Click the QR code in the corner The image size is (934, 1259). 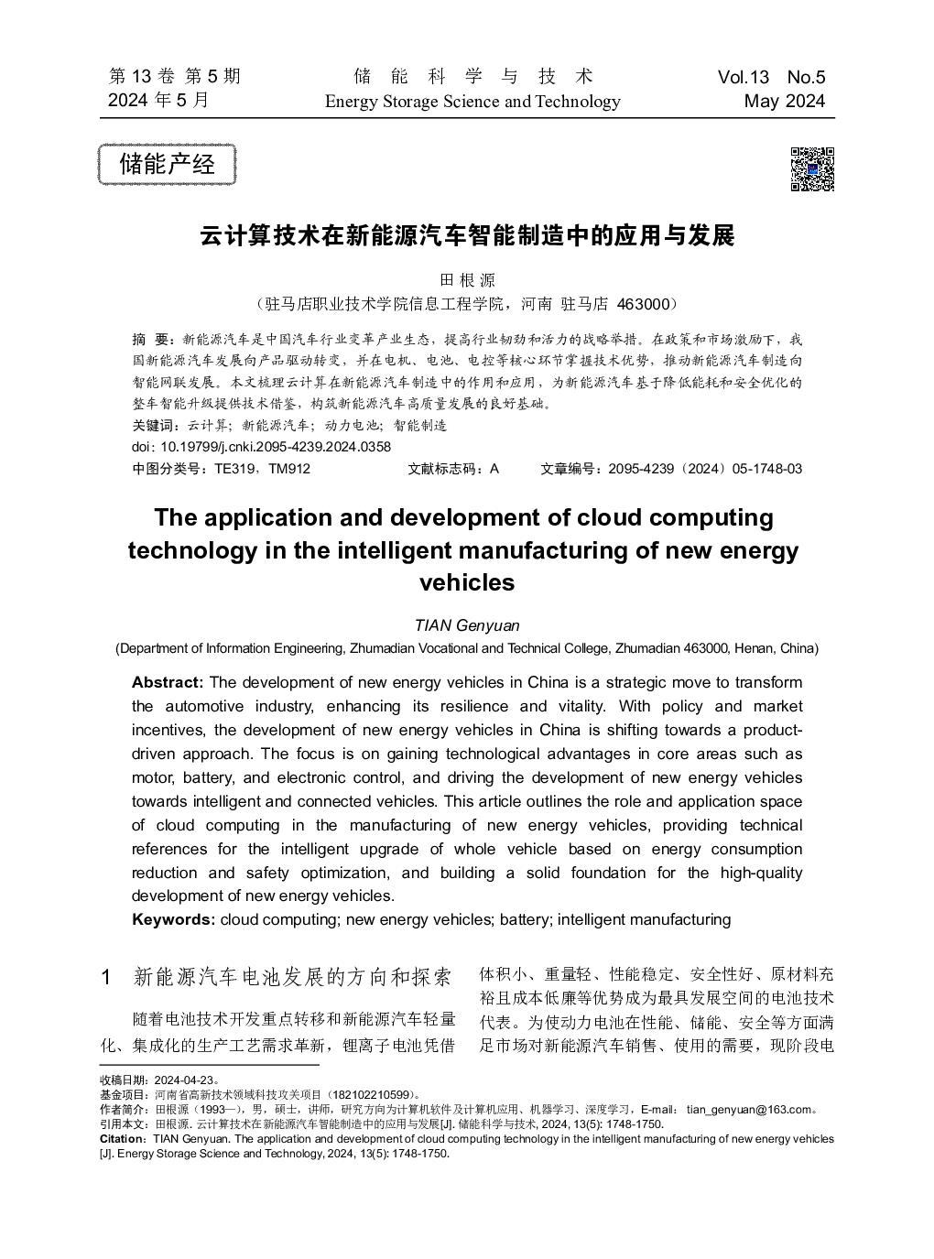point(811,168)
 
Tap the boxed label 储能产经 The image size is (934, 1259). point(168,165)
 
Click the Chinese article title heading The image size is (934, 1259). point(467,236)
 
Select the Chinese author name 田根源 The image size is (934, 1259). point(467,280)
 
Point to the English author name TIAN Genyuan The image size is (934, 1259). point(467,625)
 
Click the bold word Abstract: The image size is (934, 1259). point(168,682)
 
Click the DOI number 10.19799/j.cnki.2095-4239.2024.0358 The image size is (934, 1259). point(275,447)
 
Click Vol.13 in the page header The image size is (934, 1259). point(744,78)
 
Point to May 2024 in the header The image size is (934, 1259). point(785,102)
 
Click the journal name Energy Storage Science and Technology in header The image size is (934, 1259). point(472,102)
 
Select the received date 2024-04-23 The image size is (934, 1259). point(183,1080)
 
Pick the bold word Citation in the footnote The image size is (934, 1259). point(121,1139)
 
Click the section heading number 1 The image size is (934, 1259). point(107,977)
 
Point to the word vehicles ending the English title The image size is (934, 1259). point(467,583)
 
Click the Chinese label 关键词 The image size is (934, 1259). point(153,426)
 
